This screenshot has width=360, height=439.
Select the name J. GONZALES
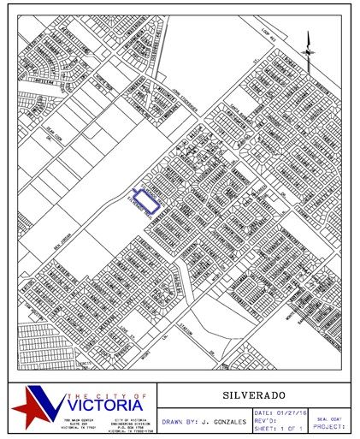click(225, 423)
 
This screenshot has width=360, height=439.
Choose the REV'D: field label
click(263, 421)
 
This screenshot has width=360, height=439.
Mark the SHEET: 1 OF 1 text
click(280, 429)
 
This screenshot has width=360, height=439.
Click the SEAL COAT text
click(329, 418)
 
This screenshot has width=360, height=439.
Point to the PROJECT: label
click(329, 426)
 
